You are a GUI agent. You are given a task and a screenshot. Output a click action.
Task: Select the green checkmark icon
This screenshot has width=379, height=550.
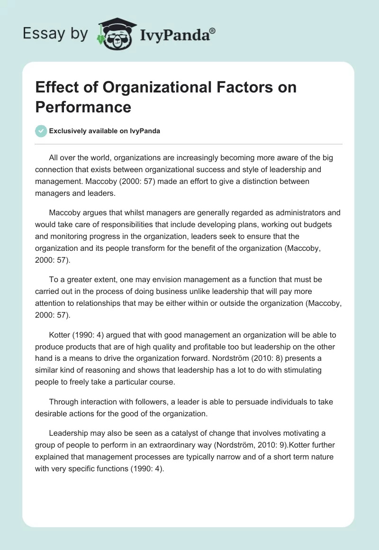tap(41, 131)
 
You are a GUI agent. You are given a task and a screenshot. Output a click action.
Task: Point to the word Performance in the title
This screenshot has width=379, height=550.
tap(83, 107)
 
